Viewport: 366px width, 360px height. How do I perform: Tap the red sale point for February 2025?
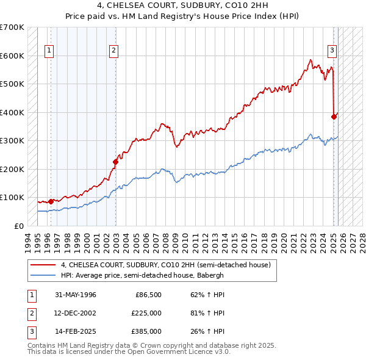(334, 117)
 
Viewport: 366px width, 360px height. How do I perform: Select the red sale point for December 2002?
(115, 162)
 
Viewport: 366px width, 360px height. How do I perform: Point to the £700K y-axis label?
(12, 27)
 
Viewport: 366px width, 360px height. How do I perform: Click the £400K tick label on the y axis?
(12, 112)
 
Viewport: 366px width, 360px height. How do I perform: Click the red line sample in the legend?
(43, 265)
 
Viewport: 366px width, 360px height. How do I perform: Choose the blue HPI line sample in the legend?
(43, 275)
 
